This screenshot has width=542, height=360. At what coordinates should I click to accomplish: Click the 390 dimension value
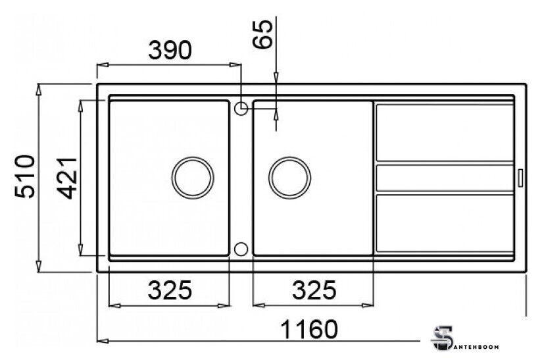pos(170,50)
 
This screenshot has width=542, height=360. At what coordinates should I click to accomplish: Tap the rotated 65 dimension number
pos(262,34)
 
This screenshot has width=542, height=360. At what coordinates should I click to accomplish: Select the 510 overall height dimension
pos(25,177)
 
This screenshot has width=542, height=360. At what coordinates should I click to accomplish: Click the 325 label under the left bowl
pos(170,290)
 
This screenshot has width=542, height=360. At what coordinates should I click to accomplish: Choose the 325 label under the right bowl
pos(314,290)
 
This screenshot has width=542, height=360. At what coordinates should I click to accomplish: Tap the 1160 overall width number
pos(308,329)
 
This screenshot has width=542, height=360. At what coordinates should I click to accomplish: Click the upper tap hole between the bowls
pos(241,108)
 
